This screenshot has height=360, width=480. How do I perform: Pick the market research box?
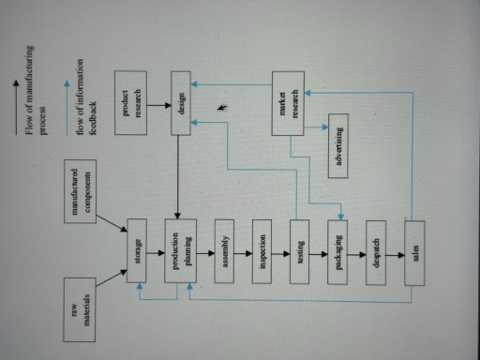289,103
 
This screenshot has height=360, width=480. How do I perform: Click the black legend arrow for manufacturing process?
17,102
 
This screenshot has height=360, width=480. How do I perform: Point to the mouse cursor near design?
222,109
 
